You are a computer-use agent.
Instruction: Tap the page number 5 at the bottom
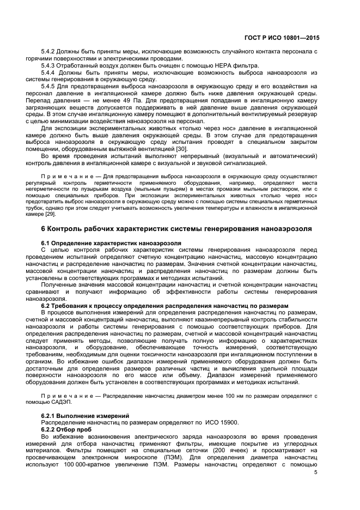(x=316, y=472)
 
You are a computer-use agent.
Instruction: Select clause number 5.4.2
(x=50, y=51)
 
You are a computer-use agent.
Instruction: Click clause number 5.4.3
(x=50, y=65)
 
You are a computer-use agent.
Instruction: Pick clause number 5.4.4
(x=50, y=72)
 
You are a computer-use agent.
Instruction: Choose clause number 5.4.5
(x=50, y=86)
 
